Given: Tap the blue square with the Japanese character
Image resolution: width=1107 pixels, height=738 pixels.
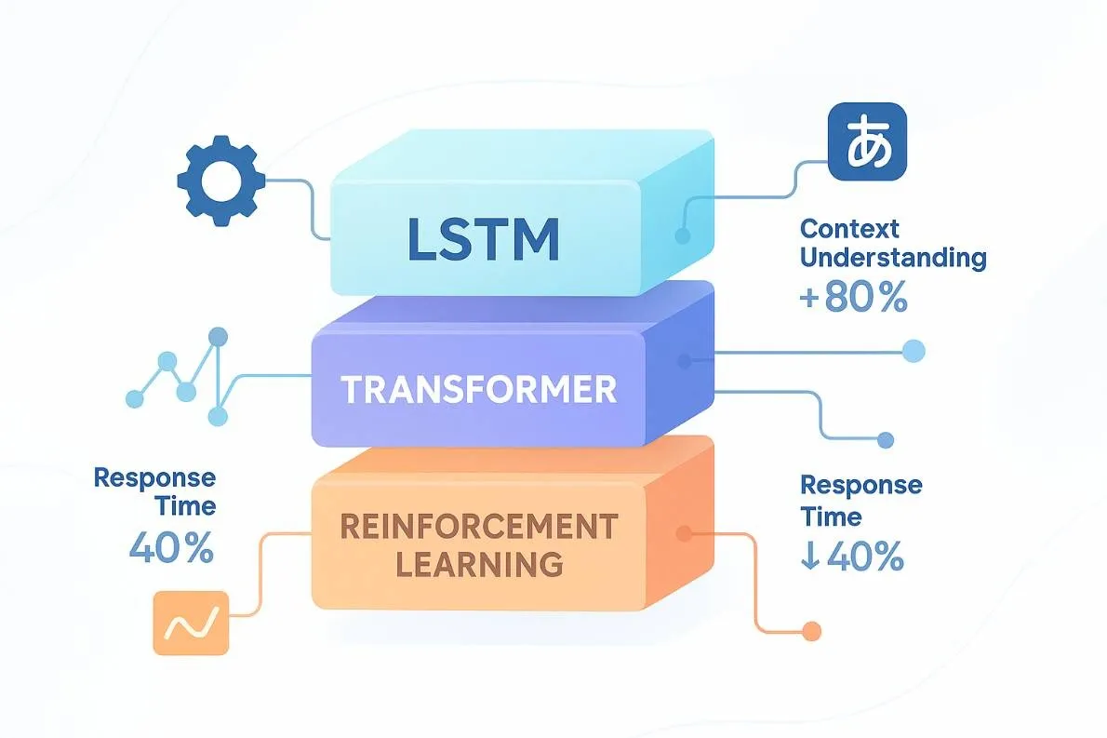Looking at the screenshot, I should (866, 141).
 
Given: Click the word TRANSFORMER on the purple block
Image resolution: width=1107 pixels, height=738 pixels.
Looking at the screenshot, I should (479, 389).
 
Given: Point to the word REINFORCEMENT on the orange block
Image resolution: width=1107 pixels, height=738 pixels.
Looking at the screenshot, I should (478, 527).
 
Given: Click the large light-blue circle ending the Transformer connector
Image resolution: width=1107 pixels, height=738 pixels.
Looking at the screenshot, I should (914, 351).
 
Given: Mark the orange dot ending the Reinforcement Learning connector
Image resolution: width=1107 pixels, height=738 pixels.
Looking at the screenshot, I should (812, 631).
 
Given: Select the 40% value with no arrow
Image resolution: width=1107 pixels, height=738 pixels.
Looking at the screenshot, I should (171, 548).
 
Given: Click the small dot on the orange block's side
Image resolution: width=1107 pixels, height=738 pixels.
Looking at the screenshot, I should (685, 533).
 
